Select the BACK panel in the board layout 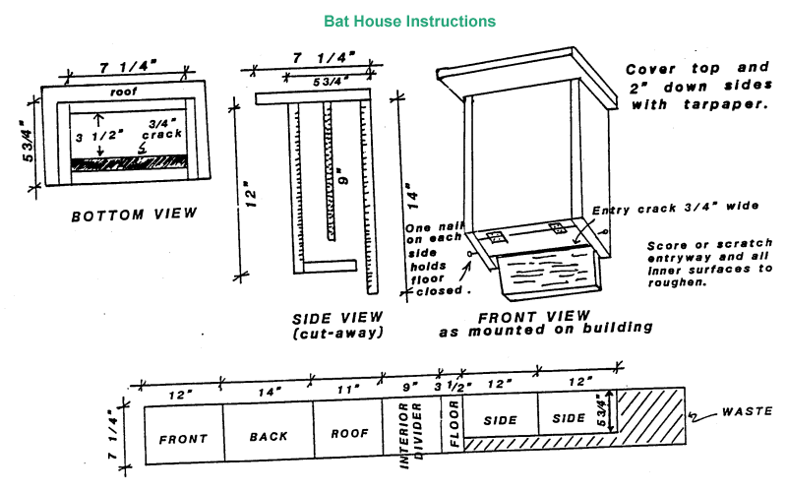[268, 434]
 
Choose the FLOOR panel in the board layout [453, 434]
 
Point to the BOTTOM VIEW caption [134, 214]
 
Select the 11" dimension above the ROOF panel [346, 390]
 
